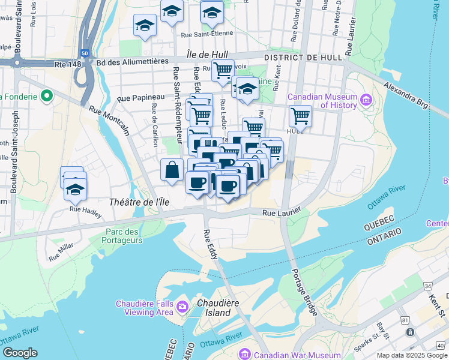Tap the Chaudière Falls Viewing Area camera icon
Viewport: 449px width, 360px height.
coord(182,307)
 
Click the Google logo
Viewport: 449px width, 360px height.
coord(20,353)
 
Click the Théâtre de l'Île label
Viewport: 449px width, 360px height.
coord(138,202)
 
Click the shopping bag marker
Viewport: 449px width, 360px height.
coord(172,169)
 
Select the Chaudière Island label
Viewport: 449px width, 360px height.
coord(214,308)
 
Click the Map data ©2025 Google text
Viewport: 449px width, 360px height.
coord(411,355)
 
